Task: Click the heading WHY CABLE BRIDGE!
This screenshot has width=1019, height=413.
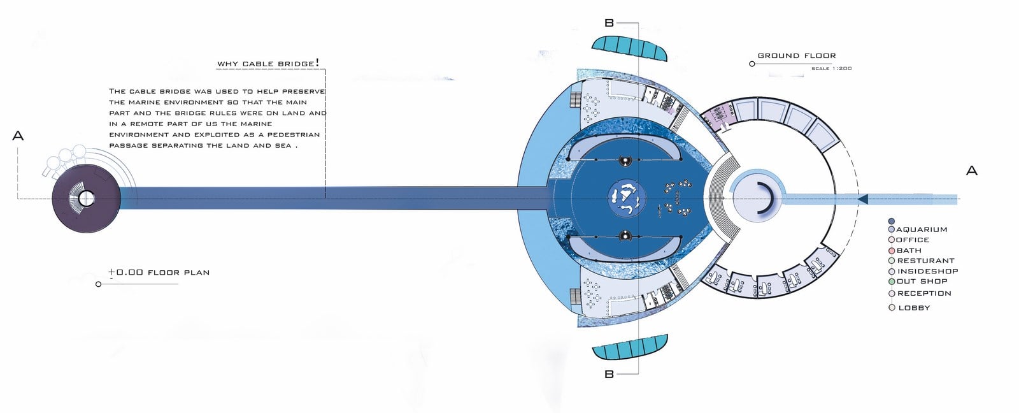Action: (x=268, y=63)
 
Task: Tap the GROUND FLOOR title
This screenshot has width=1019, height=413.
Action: (x=797, y=55)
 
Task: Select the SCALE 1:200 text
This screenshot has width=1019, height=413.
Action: (x=832, y=68)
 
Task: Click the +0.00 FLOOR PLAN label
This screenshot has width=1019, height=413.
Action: (x=159, y=272)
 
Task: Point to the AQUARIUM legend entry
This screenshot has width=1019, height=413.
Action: (x=922, y=229)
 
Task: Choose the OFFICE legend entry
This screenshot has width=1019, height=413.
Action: (x=913, y=240)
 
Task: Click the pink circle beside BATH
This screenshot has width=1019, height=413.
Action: (x=892, y=250)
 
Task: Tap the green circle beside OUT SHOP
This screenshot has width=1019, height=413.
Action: (x=892, y=282)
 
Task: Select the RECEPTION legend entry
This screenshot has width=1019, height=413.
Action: (x=924, y=293)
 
